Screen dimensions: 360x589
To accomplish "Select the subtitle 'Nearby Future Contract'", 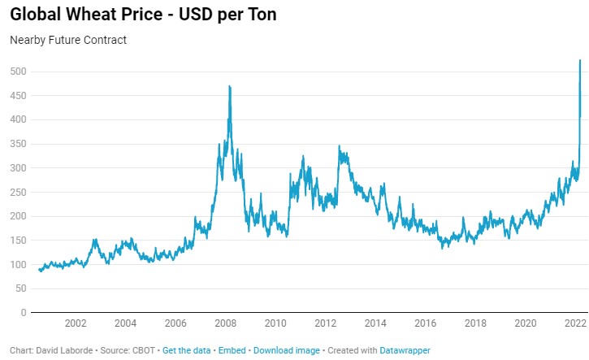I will point(68,40).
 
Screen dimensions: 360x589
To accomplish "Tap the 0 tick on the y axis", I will point(24,312).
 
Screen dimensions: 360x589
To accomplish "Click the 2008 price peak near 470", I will point(230,86).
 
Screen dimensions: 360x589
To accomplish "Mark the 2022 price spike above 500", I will point(579,61).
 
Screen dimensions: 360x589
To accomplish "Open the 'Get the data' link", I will point(186,350).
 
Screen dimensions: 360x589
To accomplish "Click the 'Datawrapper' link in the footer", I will point(406,350).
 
